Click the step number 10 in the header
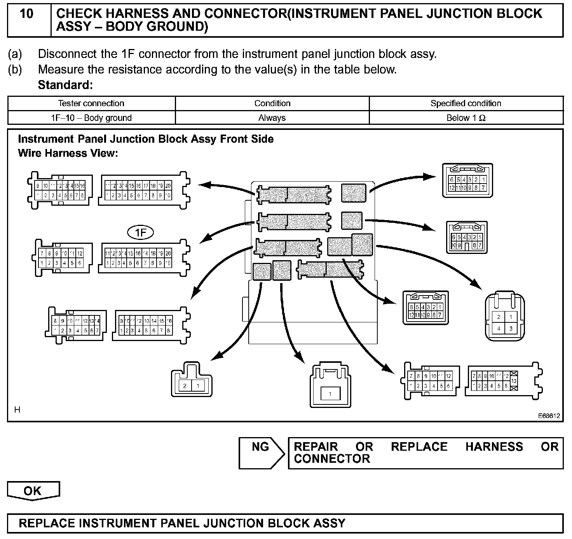(26, 14)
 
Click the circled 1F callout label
(141, 233)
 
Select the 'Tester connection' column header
(91, 103)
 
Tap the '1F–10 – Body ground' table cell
(91, 118)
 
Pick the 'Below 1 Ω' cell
(466, 118)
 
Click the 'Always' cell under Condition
(272, 118)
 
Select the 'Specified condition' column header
(466, 103)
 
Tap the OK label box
(33, 491)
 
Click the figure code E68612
(549, 416)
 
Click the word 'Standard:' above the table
(65, 85)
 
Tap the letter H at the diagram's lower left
(17, 409)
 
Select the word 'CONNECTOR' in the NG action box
(332, 459)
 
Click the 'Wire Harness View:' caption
(68, 153)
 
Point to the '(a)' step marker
(15, 54)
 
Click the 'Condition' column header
(272, 103)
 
